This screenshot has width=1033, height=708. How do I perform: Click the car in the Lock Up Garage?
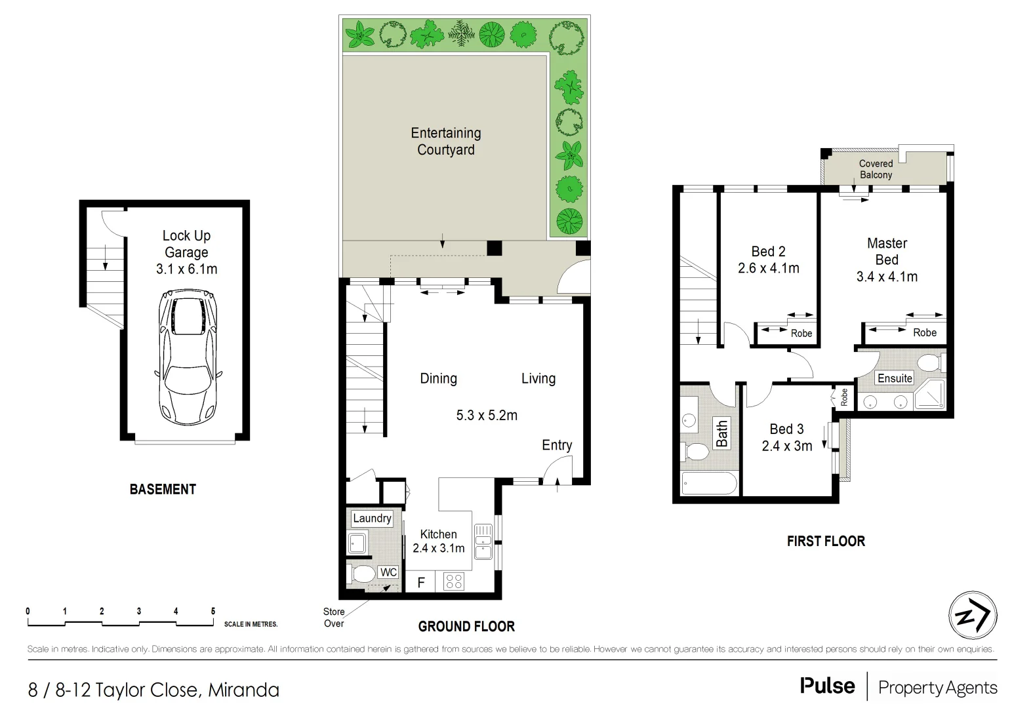(x=186, y=357)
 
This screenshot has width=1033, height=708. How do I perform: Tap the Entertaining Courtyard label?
(x=446, y=141)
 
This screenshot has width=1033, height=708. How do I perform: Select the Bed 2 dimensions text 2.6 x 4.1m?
(x=768, y=268)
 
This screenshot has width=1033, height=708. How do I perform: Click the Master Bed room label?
(x=887, y=251)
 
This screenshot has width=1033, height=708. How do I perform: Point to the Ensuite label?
(x=895, y=378)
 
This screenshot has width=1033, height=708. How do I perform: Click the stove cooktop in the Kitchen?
(x=454, y=581)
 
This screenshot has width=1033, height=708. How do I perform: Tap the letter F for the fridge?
(x=421, y=582)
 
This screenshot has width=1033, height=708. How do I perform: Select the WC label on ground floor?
(x=388, y=572)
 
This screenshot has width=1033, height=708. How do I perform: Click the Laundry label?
(x=372, y=519)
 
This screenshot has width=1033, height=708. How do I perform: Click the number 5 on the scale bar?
(x=213, y=611)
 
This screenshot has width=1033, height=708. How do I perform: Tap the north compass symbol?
(x=973, y=616)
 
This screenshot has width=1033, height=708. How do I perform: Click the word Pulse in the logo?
(x=827, y=686)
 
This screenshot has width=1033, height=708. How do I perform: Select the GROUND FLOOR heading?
(x=466, y=627)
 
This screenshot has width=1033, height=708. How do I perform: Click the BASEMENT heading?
(x=163, y=489)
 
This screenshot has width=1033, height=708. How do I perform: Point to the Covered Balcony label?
(x=876, y=169)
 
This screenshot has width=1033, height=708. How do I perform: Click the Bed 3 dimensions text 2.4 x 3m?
(x=786, y=446)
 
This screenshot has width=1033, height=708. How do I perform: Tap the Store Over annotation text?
(x=334, y=618)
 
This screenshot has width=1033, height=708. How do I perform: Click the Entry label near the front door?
(x=556, y=445)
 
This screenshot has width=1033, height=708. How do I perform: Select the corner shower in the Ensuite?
(x=930, y=395)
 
